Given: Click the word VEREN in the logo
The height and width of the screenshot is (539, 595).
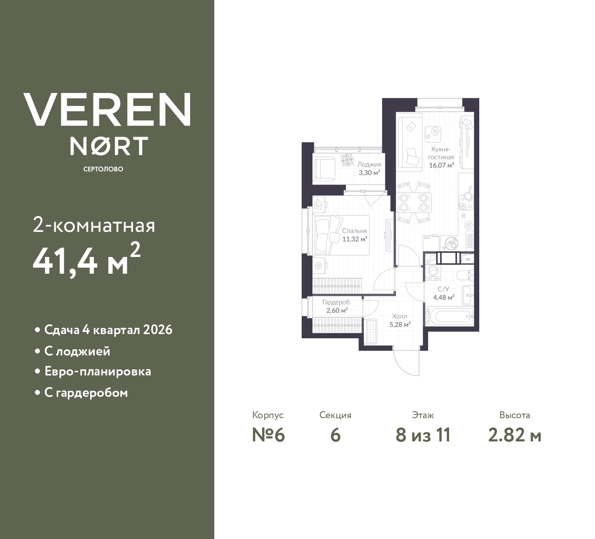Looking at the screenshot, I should point(107,109).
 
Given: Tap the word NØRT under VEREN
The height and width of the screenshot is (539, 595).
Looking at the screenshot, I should point(109,145).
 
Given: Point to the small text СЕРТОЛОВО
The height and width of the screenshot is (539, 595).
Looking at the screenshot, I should point(103,169).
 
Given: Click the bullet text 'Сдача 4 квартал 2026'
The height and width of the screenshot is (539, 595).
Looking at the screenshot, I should point(108,330).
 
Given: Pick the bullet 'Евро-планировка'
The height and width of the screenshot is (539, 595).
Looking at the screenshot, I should point(98,372).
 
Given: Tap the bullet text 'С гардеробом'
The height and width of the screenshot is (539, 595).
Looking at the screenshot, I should point(86,393).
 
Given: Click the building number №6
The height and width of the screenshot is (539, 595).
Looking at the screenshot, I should point(268,435).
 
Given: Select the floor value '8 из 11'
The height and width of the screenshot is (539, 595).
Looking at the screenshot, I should point(423,435).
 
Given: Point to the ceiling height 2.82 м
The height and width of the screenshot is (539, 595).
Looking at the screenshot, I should point(515,435).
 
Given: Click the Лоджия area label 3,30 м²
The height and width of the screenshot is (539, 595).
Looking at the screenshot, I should point(369,172).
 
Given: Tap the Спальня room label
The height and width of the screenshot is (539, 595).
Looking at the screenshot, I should point(355,231).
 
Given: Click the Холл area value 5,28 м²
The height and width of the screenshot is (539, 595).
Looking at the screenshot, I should point(400,325).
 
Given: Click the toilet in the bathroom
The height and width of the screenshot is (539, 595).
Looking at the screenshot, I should point(464,275).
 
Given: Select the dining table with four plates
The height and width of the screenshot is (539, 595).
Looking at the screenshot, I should point(413,203).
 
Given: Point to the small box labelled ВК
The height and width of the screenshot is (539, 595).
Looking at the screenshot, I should point(468,259).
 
